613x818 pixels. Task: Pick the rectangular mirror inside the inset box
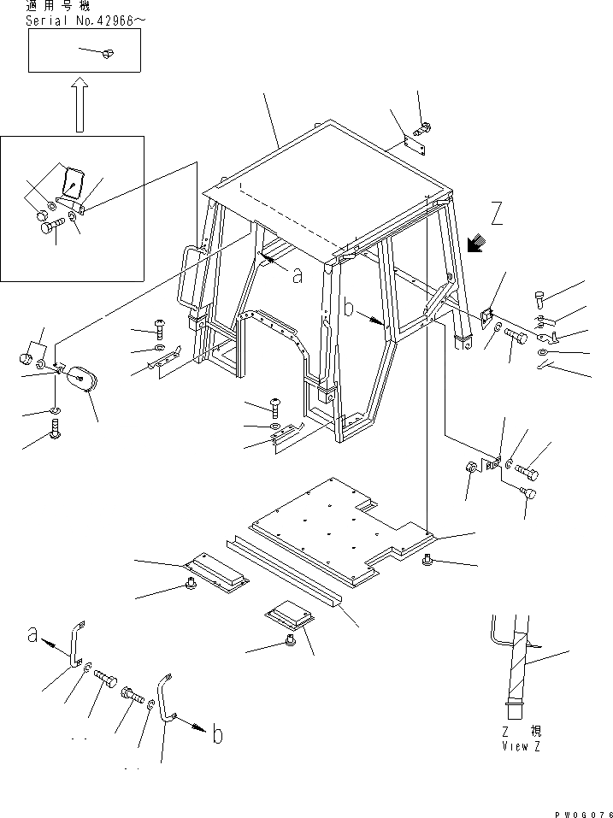(x=74, y=182)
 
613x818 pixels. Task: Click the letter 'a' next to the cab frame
(x=297, y=275)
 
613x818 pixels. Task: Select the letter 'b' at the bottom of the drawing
(x=217, y=734)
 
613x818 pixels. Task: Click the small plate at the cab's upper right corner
(x=416, y=146)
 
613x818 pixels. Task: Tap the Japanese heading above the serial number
(x=54, y=7)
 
